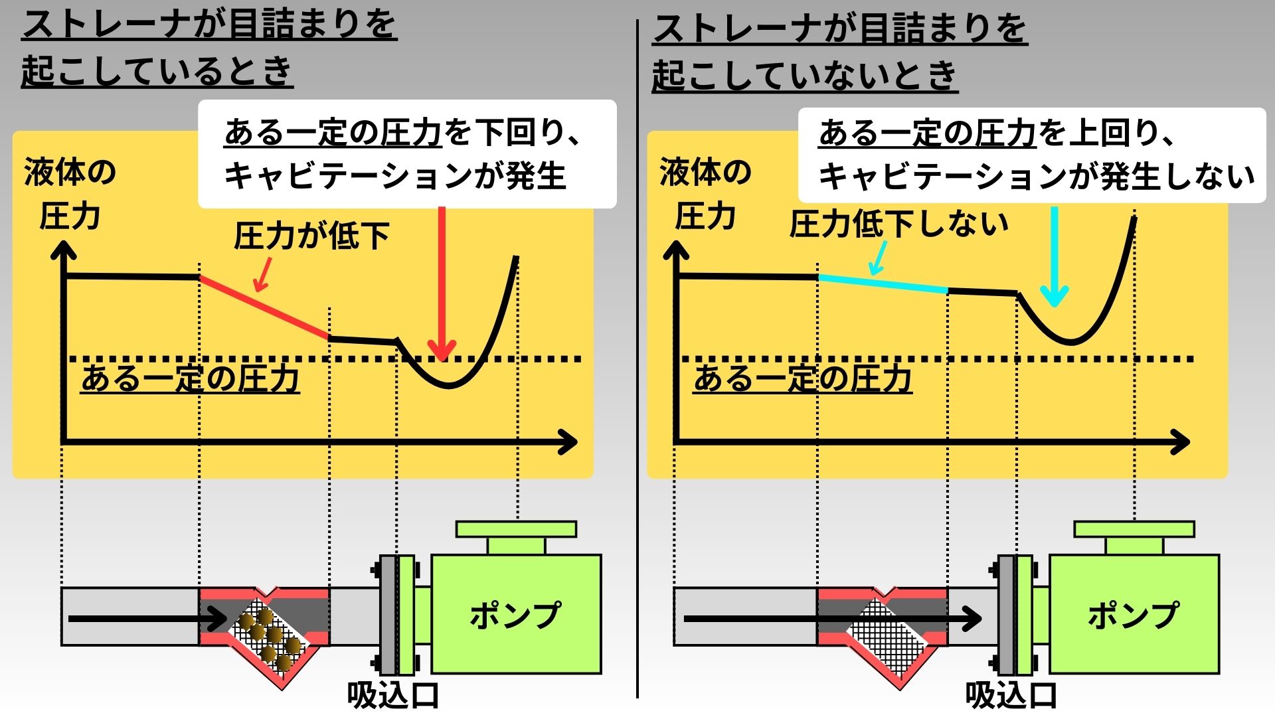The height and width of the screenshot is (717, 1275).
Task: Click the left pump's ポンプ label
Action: coord(515,615)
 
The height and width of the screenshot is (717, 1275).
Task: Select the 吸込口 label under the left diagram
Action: coord(392,696)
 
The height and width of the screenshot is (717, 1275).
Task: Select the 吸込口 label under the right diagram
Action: coord(1011,696)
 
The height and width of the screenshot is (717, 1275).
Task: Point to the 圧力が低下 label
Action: coord(311,236)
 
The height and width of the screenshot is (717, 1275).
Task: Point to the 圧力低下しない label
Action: coord(899,224)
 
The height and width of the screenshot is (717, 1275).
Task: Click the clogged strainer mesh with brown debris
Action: coord(269,634)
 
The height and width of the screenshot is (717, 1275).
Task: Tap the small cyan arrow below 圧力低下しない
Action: coord(878,259)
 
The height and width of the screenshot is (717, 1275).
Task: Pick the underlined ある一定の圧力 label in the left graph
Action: coord(190,379)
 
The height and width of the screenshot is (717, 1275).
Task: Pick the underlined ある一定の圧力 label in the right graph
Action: coord(802,379)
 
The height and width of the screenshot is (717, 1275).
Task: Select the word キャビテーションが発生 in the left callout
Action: coord(395,176)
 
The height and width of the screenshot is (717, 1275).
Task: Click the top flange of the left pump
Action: coord(516,529)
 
